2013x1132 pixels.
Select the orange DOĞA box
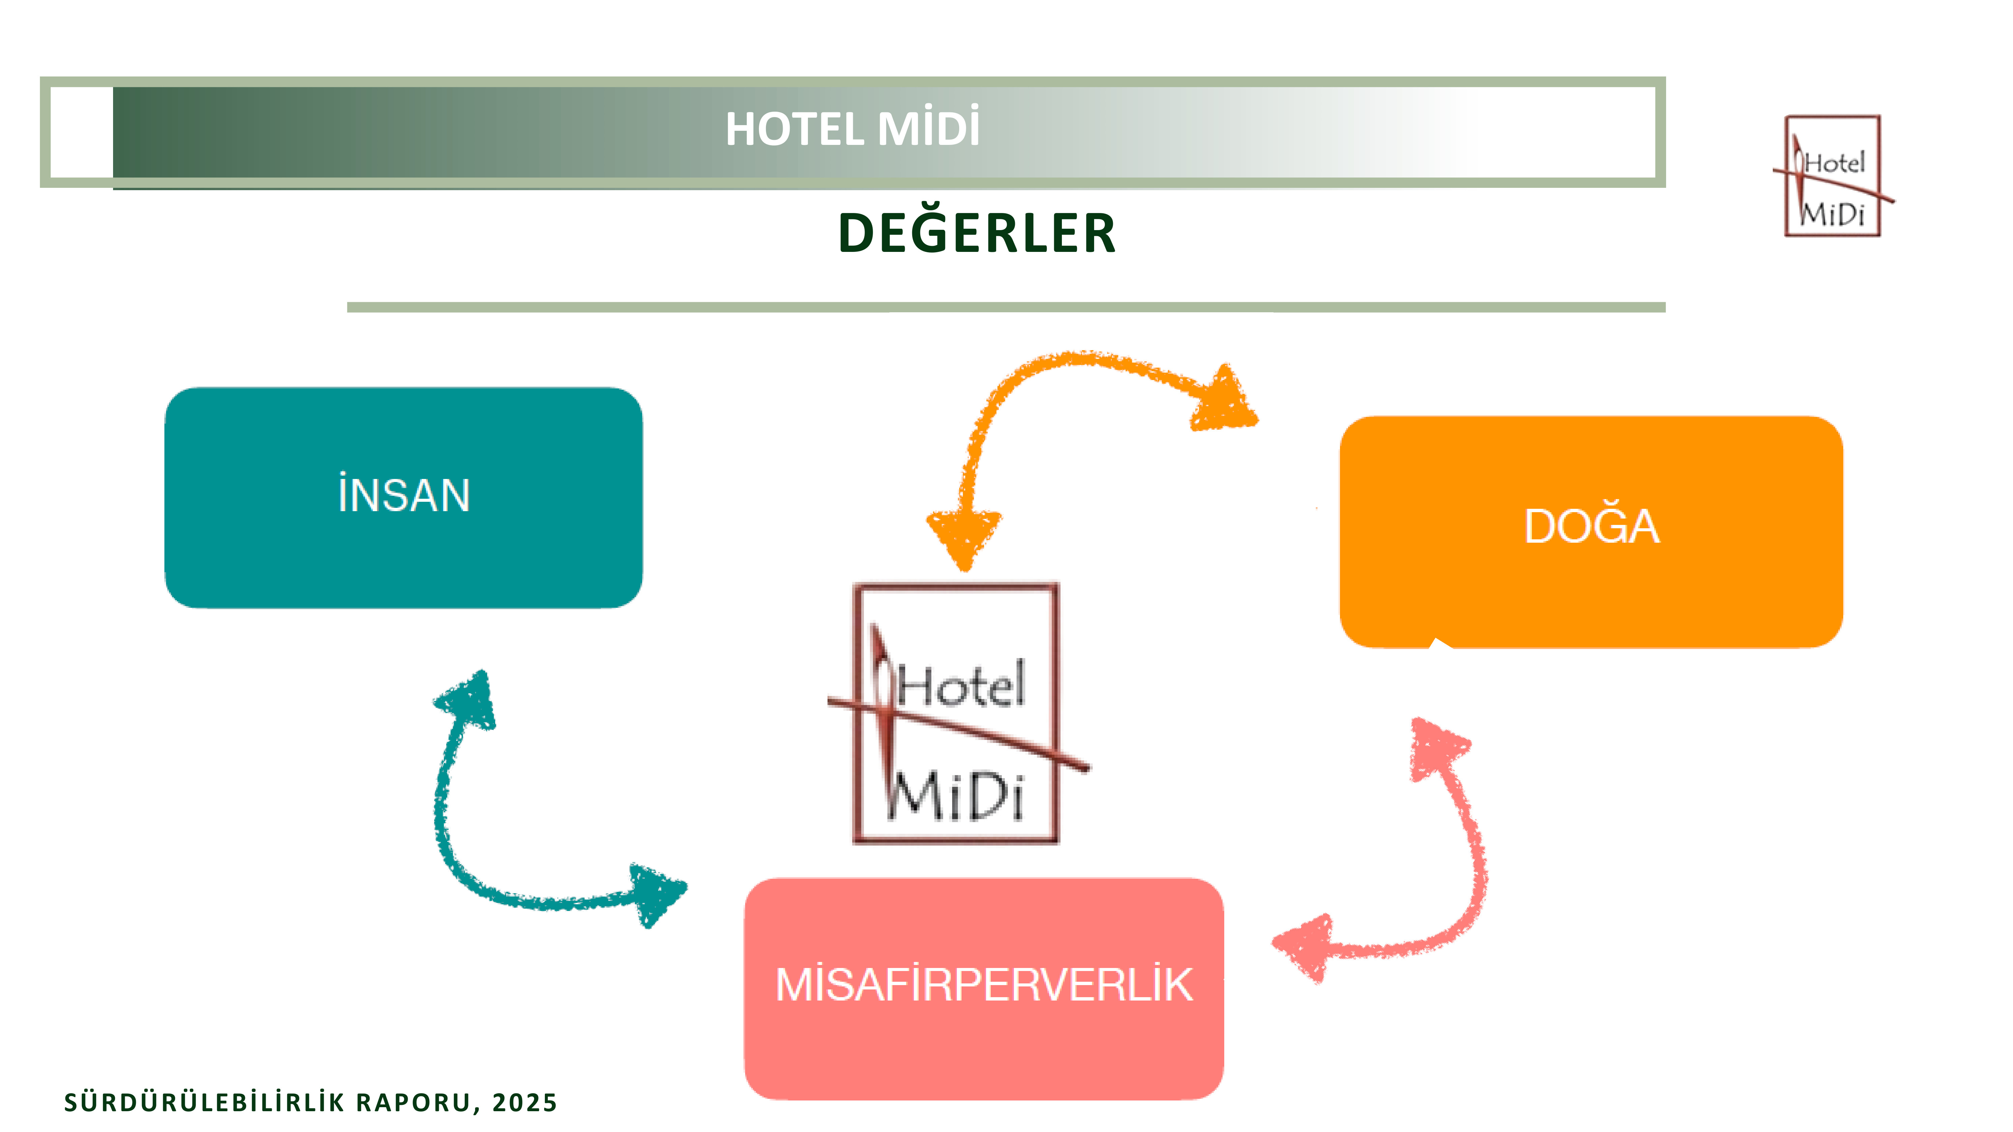(1591, 531)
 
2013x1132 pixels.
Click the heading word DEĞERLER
(977, 233)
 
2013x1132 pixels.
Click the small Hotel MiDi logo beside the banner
(1833, 176)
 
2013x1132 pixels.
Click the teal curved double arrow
(469, 852)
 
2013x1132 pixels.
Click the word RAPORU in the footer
(418, 1102)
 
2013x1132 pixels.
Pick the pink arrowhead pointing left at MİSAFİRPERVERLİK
(1305, 947)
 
